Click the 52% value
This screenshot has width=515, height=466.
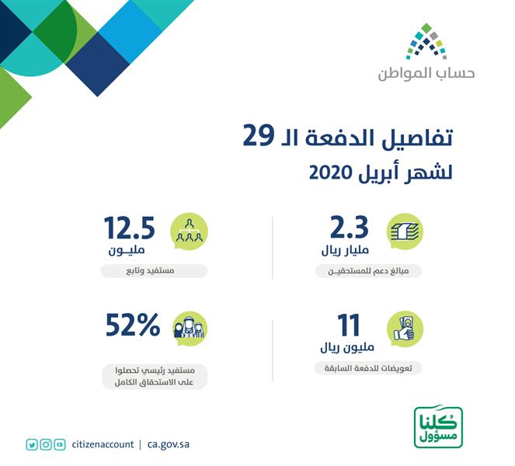(132, 326)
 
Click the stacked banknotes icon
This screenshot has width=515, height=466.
(405, 232)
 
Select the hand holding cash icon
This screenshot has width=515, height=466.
(405, 329)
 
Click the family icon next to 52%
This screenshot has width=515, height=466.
(189, 329)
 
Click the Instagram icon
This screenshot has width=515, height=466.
(46, 445)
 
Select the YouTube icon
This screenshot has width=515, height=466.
(60, 445)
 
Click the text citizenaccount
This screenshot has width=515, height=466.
(103, 445)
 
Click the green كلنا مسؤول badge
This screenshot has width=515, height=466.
(438, 426)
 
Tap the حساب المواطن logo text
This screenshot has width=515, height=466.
(426, 74)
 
